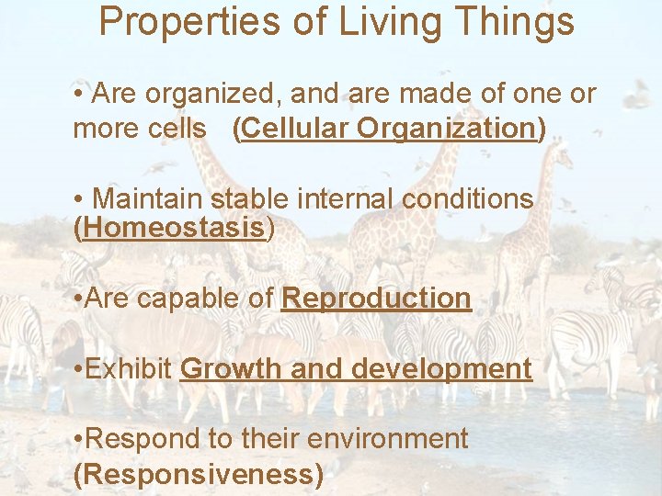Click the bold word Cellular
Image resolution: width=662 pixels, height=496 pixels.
[294, 129]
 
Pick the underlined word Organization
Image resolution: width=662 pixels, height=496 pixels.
[446, 129]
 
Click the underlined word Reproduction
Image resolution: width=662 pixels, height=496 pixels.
[376, 299]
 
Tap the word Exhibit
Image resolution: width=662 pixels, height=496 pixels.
[131, 369]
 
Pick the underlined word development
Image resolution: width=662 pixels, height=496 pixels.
[441, 369]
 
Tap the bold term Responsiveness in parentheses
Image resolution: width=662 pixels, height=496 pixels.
[198, 474]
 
